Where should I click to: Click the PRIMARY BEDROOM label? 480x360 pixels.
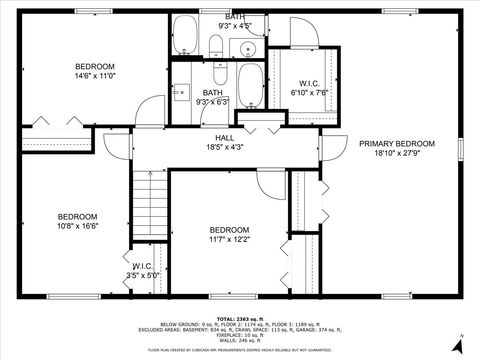398,143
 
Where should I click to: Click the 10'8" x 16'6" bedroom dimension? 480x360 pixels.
77,227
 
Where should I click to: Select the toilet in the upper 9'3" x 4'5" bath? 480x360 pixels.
215,43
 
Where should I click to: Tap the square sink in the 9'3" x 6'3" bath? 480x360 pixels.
181,93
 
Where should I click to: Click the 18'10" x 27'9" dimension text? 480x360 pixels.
398,153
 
